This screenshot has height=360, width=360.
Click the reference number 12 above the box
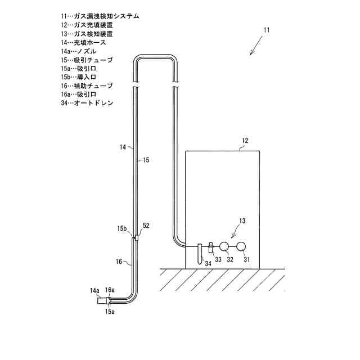click(245, 140)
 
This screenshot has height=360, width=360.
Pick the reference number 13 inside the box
click(242, 222)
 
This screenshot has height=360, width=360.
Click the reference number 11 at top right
click(266, 29)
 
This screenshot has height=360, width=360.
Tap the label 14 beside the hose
click(123, 147)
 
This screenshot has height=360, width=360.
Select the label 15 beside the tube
click(146, 160)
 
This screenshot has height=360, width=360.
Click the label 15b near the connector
click(122, 229)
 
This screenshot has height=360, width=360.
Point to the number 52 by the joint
click(146, 226)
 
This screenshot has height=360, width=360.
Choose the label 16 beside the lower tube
click(119, 261)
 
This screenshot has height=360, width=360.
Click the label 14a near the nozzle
click(94, 290)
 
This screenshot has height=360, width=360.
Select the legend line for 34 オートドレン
click(87, 103)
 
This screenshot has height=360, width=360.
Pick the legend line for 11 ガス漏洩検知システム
click(101, 16)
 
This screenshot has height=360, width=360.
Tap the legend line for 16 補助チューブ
click(87, 86)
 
